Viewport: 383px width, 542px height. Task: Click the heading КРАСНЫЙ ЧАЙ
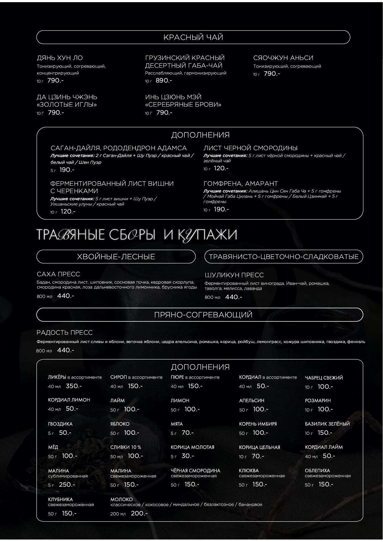tap(193, 37)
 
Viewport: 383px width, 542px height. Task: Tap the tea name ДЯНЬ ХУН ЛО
tap(60, 58)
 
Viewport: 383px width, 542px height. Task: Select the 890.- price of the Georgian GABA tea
tap(163, 80)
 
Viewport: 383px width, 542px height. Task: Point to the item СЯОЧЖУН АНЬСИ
tap(283, 58)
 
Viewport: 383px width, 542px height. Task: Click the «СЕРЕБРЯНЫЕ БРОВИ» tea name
tap(183, 104)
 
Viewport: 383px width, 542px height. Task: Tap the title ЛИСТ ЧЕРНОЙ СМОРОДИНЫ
tap(250, 148)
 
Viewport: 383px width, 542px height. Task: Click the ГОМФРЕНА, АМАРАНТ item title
tap(240, 184)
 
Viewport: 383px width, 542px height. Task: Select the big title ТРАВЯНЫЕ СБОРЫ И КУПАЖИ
tap(137, 235)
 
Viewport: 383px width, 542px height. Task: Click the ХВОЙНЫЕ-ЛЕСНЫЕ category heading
tap(116, 256)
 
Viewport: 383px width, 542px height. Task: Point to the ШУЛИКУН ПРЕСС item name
tap(234, 275)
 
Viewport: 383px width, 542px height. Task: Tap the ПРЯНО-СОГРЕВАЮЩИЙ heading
tap(203, 315)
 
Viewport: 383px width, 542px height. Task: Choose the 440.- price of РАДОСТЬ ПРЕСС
tap(65, 350)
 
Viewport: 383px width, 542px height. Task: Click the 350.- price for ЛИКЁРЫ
tap(74, 386)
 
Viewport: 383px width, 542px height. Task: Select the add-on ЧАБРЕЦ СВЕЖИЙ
tap(324, 378)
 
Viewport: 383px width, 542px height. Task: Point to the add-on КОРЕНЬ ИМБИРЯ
tap(258, 424)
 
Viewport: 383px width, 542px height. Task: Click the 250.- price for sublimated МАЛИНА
tap(67, 485)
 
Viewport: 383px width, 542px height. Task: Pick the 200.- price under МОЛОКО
tap(139, 513)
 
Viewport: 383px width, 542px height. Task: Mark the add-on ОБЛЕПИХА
tap(317, 471)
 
